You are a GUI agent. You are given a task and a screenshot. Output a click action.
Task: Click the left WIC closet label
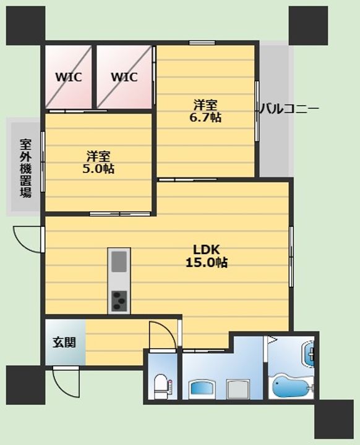click(69, 77)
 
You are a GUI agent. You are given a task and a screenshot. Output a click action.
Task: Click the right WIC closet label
click(124, 77)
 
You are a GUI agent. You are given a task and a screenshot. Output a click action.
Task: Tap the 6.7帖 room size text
click(205, 117)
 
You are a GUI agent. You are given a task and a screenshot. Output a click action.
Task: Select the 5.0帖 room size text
click(98, 169)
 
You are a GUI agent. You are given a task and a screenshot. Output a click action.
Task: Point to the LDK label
click(206, 250)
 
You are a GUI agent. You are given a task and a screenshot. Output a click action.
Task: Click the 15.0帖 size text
click(206, 263)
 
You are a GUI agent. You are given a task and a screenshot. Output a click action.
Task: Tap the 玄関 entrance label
click(64, 342)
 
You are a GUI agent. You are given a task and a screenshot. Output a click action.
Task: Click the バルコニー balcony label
click(289, 109)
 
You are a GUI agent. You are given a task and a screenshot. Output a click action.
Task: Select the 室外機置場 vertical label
click(25, 168)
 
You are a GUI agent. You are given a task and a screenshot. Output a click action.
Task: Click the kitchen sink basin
click(119, 261)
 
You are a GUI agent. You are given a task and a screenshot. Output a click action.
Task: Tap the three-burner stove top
click(119, 301)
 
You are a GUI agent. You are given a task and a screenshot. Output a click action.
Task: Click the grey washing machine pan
click(238, 389)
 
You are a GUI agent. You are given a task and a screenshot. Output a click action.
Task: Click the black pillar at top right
click(308, 25)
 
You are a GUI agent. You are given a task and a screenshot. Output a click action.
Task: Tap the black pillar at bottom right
click(334, 419)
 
